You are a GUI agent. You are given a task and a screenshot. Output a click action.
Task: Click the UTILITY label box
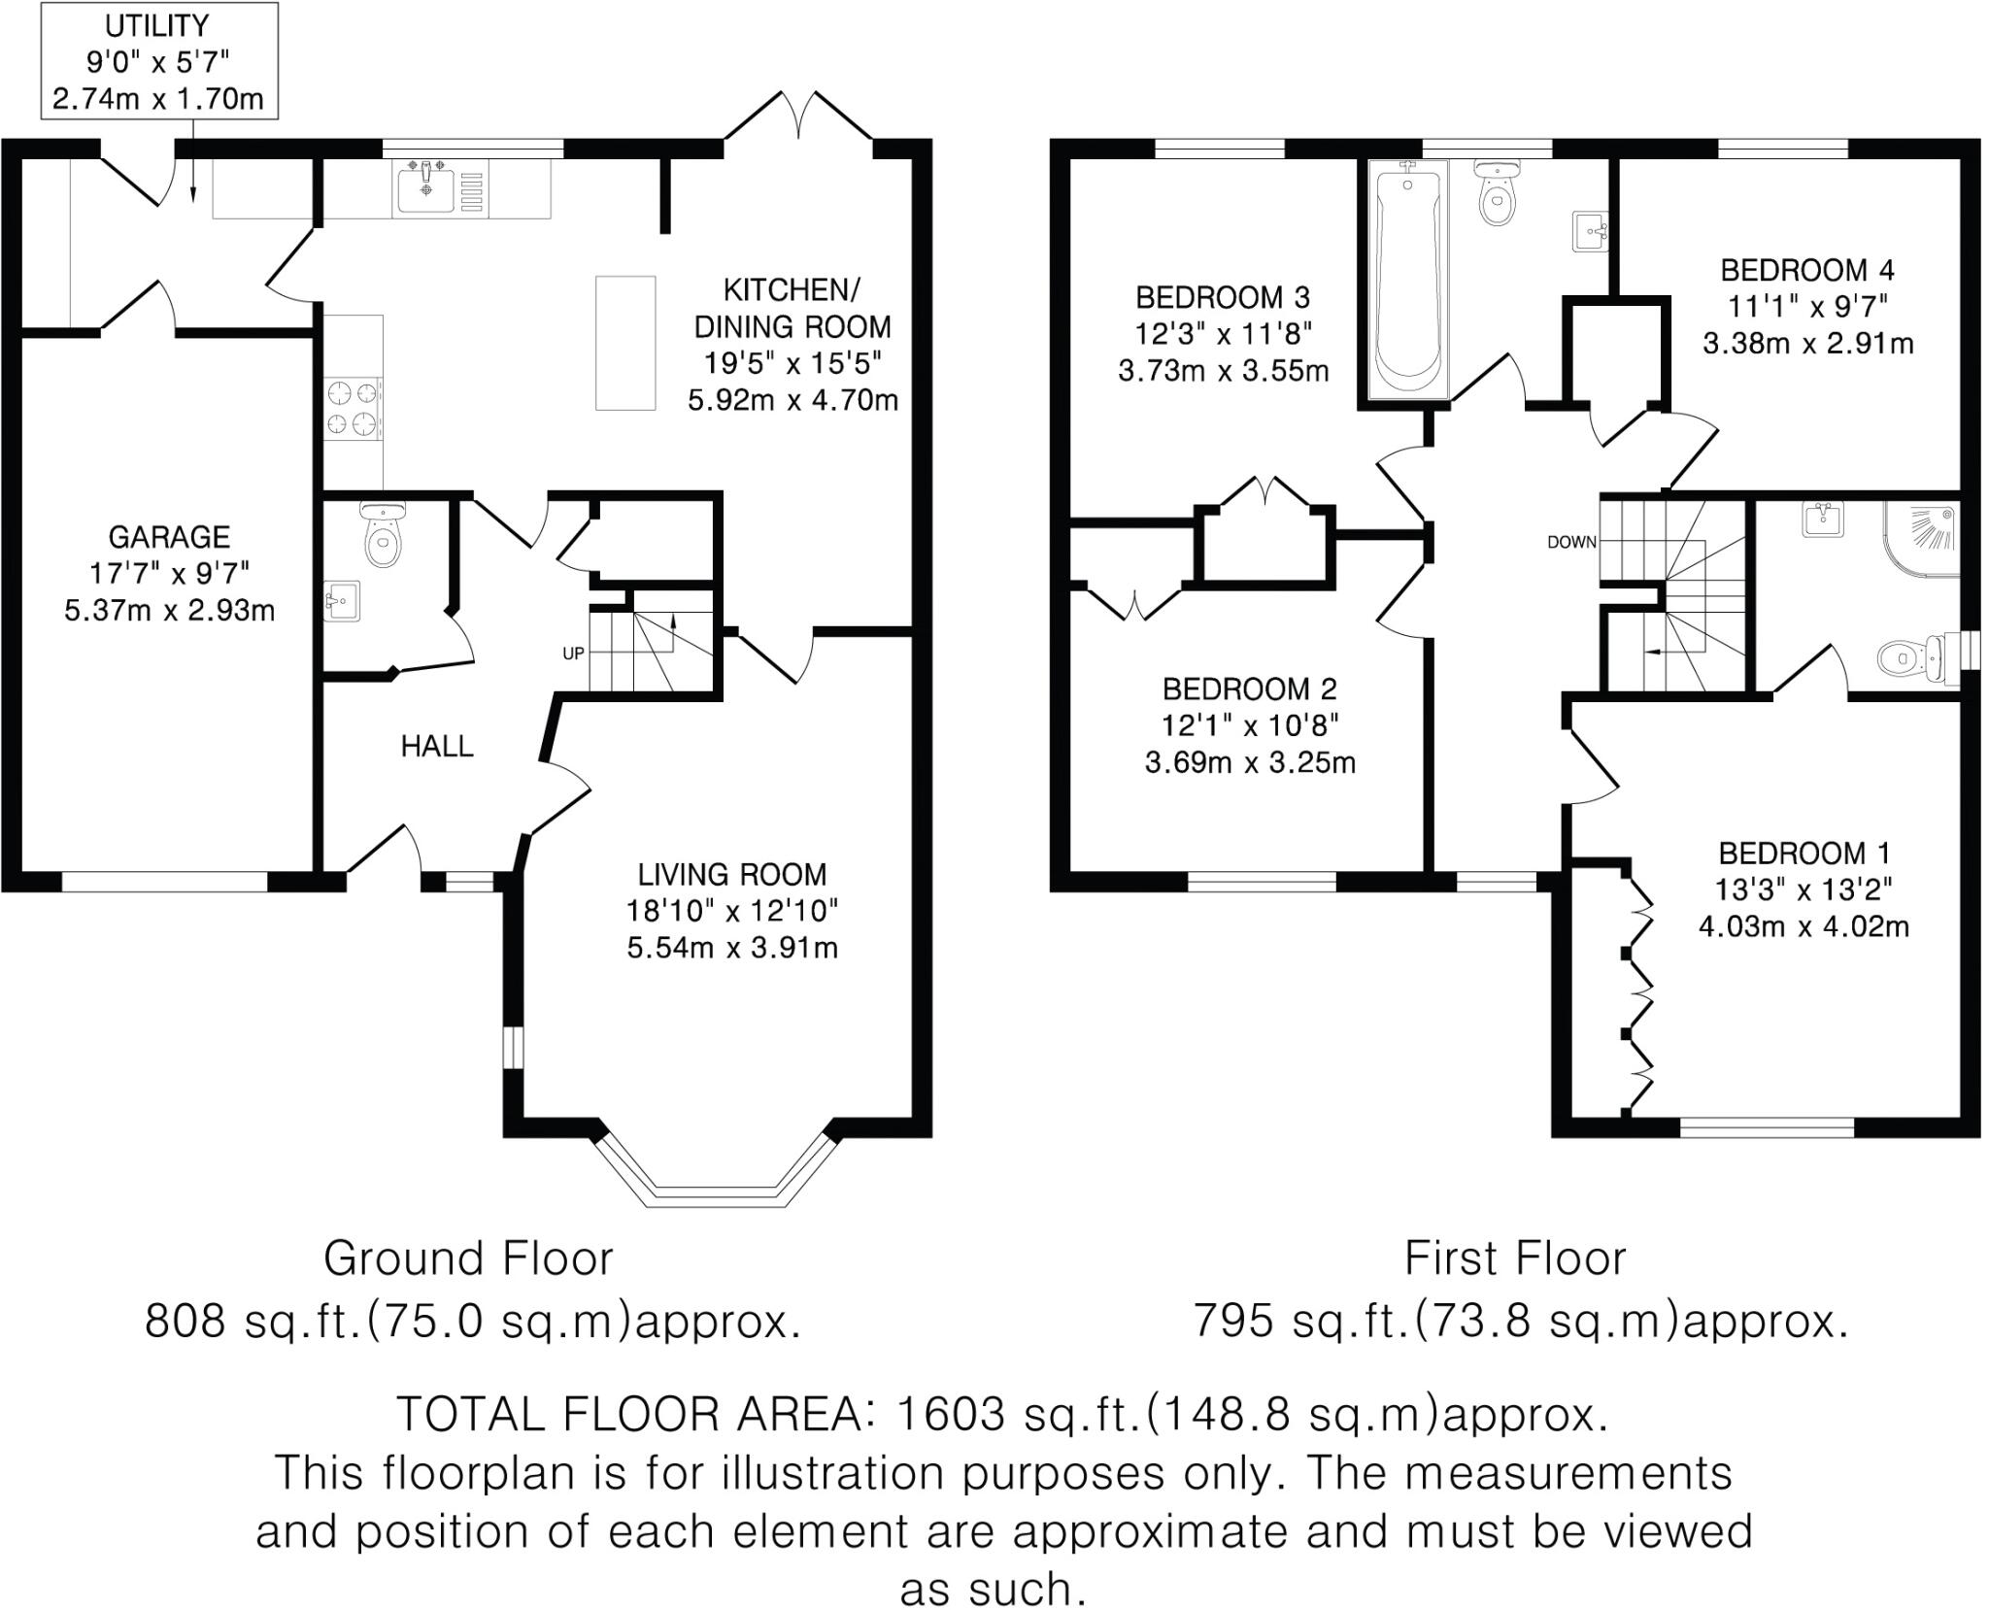coord(158,61)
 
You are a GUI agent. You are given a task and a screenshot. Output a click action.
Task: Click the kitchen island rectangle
coord(625,342)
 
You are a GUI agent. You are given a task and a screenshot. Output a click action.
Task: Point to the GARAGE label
coord(169,537)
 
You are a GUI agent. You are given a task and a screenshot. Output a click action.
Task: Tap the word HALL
coord(437,746)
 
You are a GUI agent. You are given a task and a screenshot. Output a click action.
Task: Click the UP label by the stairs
coord(573,654)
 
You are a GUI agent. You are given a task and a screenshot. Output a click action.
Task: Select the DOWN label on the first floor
coord(1571,542)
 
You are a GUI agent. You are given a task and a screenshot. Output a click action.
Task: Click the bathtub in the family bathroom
coord(1407,282)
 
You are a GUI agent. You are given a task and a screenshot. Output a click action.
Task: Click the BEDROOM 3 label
coord(1223,297)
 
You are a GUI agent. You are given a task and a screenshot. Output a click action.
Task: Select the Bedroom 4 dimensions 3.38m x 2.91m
coord(1807,344)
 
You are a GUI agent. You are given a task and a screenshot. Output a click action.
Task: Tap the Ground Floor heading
coord(468,1259)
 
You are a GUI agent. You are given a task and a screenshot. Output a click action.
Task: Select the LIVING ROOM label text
coord(732,874)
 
